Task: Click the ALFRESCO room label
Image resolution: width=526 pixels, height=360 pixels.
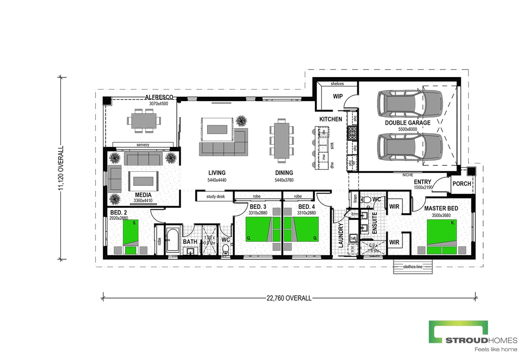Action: tap(159, 97)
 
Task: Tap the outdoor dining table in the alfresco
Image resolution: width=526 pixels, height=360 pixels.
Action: tap(144, 121)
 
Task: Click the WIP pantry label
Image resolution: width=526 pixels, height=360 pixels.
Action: tap(338, 96)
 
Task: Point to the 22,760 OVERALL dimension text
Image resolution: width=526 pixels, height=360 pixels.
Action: tap(289, 298)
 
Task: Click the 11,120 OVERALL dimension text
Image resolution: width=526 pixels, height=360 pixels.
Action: tap(61, 168)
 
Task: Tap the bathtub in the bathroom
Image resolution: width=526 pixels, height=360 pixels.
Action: tap(173, 240)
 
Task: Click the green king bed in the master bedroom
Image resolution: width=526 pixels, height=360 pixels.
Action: tap(442, 236)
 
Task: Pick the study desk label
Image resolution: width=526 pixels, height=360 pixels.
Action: tap(215, 197)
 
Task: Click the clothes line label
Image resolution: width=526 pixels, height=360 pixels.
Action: tap(413, 267)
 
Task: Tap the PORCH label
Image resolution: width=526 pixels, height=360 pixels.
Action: tap(462, 184)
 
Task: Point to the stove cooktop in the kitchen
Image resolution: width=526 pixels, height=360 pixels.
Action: tap(352, 133)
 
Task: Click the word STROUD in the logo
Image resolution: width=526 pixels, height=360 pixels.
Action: tap(467, 340)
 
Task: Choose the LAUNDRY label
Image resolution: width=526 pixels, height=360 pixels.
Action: tap(341, 235)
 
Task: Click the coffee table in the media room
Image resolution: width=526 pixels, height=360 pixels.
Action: tap(143, 181)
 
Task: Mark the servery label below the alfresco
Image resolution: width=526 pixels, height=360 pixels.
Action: tap(143, 145)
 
